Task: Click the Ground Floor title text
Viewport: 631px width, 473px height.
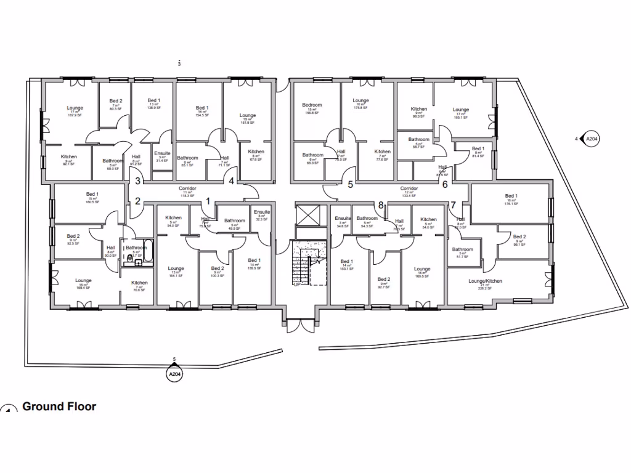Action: tap(59, 406)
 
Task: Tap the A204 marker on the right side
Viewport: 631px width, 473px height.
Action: tap(591, 139)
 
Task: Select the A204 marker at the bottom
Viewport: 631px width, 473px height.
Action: tap(174, 373)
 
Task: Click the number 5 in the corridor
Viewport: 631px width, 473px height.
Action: tap(351, 184)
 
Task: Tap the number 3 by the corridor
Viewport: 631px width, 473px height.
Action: tap(139, 180)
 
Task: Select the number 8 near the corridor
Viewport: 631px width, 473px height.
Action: tap(381, 205)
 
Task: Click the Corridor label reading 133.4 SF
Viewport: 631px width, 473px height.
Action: tap(409, 191)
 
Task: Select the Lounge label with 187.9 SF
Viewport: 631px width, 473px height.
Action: tap(75, 111)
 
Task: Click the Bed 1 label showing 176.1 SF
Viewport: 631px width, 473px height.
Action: tap(511, 198)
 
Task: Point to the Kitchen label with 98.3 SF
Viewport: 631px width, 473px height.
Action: tap(419, 112)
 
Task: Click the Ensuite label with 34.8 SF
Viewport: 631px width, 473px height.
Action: tap(343, 220)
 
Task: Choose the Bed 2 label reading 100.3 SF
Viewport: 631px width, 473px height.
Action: tap(217, 271)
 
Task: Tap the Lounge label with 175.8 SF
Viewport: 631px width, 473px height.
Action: tap(360, 103)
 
